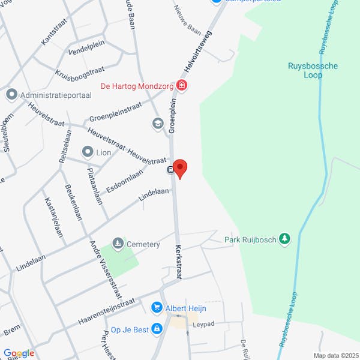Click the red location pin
tap(180, 167)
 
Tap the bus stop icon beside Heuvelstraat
tap(170, 170)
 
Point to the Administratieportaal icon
tap(11, 95)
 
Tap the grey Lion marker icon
tap(88, 152)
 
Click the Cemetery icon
tap(118, 244)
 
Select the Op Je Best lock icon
tap(157, 329)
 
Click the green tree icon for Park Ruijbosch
tap(285, 240)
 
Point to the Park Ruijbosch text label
tap(250, 240)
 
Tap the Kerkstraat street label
tap(178, 261)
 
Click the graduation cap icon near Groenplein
tap(158, 124)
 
